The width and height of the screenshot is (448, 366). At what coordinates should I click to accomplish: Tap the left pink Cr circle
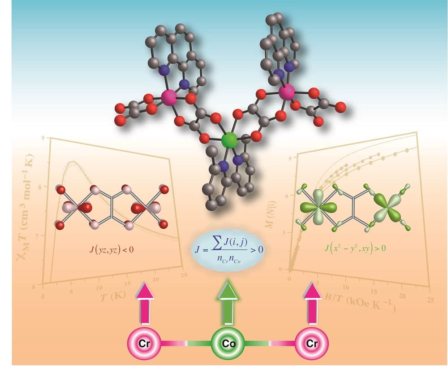coord(144,344)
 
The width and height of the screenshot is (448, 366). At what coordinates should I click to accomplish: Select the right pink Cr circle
coord(313,344)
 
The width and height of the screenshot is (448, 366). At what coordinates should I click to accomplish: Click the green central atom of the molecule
coord(230,140)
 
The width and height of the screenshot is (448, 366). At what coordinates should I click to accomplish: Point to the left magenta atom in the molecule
coord(168,97)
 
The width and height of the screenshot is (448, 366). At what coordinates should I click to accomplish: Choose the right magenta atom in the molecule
coord(286,93)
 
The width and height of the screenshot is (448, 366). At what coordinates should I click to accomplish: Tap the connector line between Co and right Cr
coord(270,344)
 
